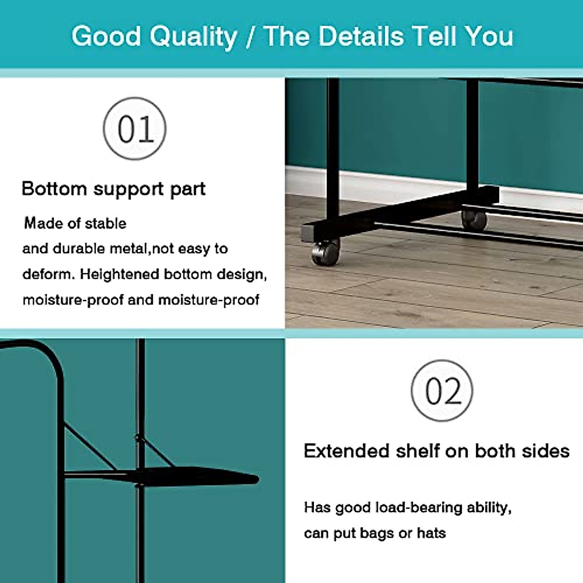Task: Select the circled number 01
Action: [x=135, y=129]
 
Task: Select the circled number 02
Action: [x=442, y=391]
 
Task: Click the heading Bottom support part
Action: [x=113, y=189]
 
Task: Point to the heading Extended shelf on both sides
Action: [x=436, y=451]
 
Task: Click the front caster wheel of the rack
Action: [x=325, y=252]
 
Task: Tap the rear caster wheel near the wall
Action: [x=474, y=219]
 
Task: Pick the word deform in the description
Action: [x=47, y=274]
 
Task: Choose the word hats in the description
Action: [x=431, y=533]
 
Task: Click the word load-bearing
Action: [x=418, y=508]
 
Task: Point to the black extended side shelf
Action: [x=204, y=476]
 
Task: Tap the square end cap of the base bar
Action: [x=308, y=232]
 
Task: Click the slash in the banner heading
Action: [x=251, y=37]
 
